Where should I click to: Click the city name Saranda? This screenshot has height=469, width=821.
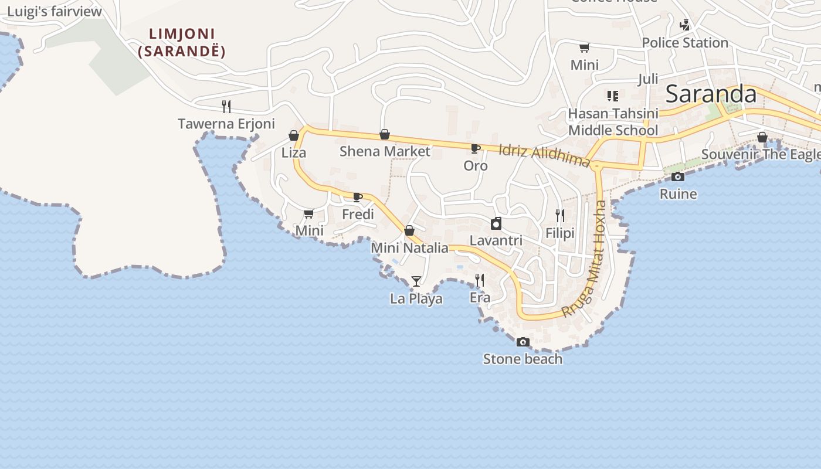(x=711, y=94)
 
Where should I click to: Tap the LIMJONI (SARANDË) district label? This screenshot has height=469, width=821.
(x=182, y=42)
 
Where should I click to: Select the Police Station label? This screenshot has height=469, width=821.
(x=684, y=43)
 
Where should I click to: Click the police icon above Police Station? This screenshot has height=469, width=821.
(x=684, y=25)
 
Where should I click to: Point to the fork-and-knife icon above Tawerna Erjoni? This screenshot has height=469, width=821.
(x=226, y=106)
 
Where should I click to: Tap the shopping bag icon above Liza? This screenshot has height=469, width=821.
(x=294, y=136)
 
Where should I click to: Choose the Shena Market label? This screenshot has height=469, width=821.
(x=385, y=151)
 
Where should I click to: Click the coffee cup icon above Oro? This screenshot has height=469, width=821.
(x=476, y=148)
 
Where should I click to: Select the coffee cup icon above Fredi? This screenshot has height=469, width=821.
(x=357, y=197)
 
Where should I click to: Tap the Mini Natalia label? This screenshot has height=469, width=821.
(x=409, y=248)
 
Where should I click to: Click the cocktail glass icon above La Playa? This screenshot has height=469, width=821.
(x=416, y=281)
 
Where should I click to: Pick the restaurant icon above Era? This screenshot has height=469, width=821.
(x=480, y=280)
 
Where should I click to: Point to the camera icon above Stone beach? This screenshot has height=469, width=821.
(x=523, y=342)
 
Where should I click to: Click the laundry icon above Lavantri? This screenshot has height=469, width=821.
(x=496, y=223)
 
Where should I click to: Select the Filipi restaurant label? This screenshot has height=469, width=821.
(x=560, y=233)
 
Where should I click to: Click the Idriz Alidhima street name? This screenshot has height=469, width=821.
(x=544, y=154)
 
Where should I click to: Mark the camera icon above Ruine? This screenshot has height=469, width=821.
(x=678, y=176)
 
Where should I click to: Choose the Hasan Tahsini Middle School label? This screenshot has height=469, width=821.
(x=613, y=121)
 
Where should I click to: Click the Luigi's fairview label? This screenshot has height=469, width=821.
(x=55, y=12)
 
